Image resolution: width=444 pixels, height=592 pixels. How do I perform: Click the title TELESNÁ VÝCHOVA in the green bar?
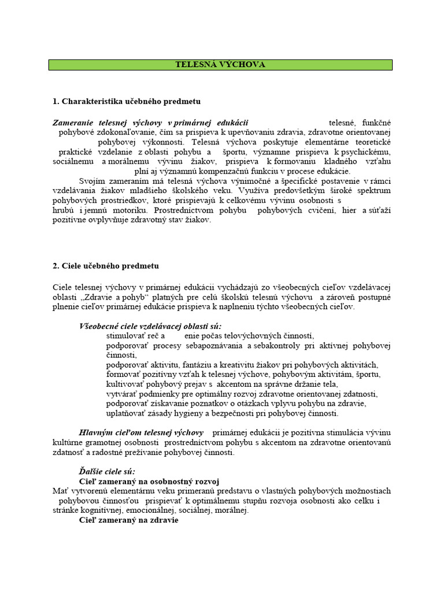click(220, 65)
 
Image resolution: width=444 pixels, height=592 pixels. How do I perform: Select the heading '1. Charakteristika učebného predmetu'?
click(126, 101)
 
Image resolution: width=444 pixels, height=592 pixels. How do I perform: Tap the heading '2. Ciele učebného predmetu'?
click(105, 266)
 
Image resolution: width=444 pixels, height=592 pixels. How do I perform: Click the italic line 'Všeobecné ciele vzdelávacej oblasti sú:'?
click(150, 326)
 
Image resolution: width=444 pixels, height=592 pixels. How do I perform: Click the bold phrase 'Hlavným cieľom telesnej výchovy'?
click(141, 432)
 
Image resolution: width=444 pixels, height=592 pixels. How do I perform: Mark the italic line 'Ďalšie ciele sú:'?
click(107, 471)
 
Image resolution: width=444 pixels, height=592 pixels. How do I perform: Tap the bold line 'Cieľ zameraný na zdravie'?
click(129, 520)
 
